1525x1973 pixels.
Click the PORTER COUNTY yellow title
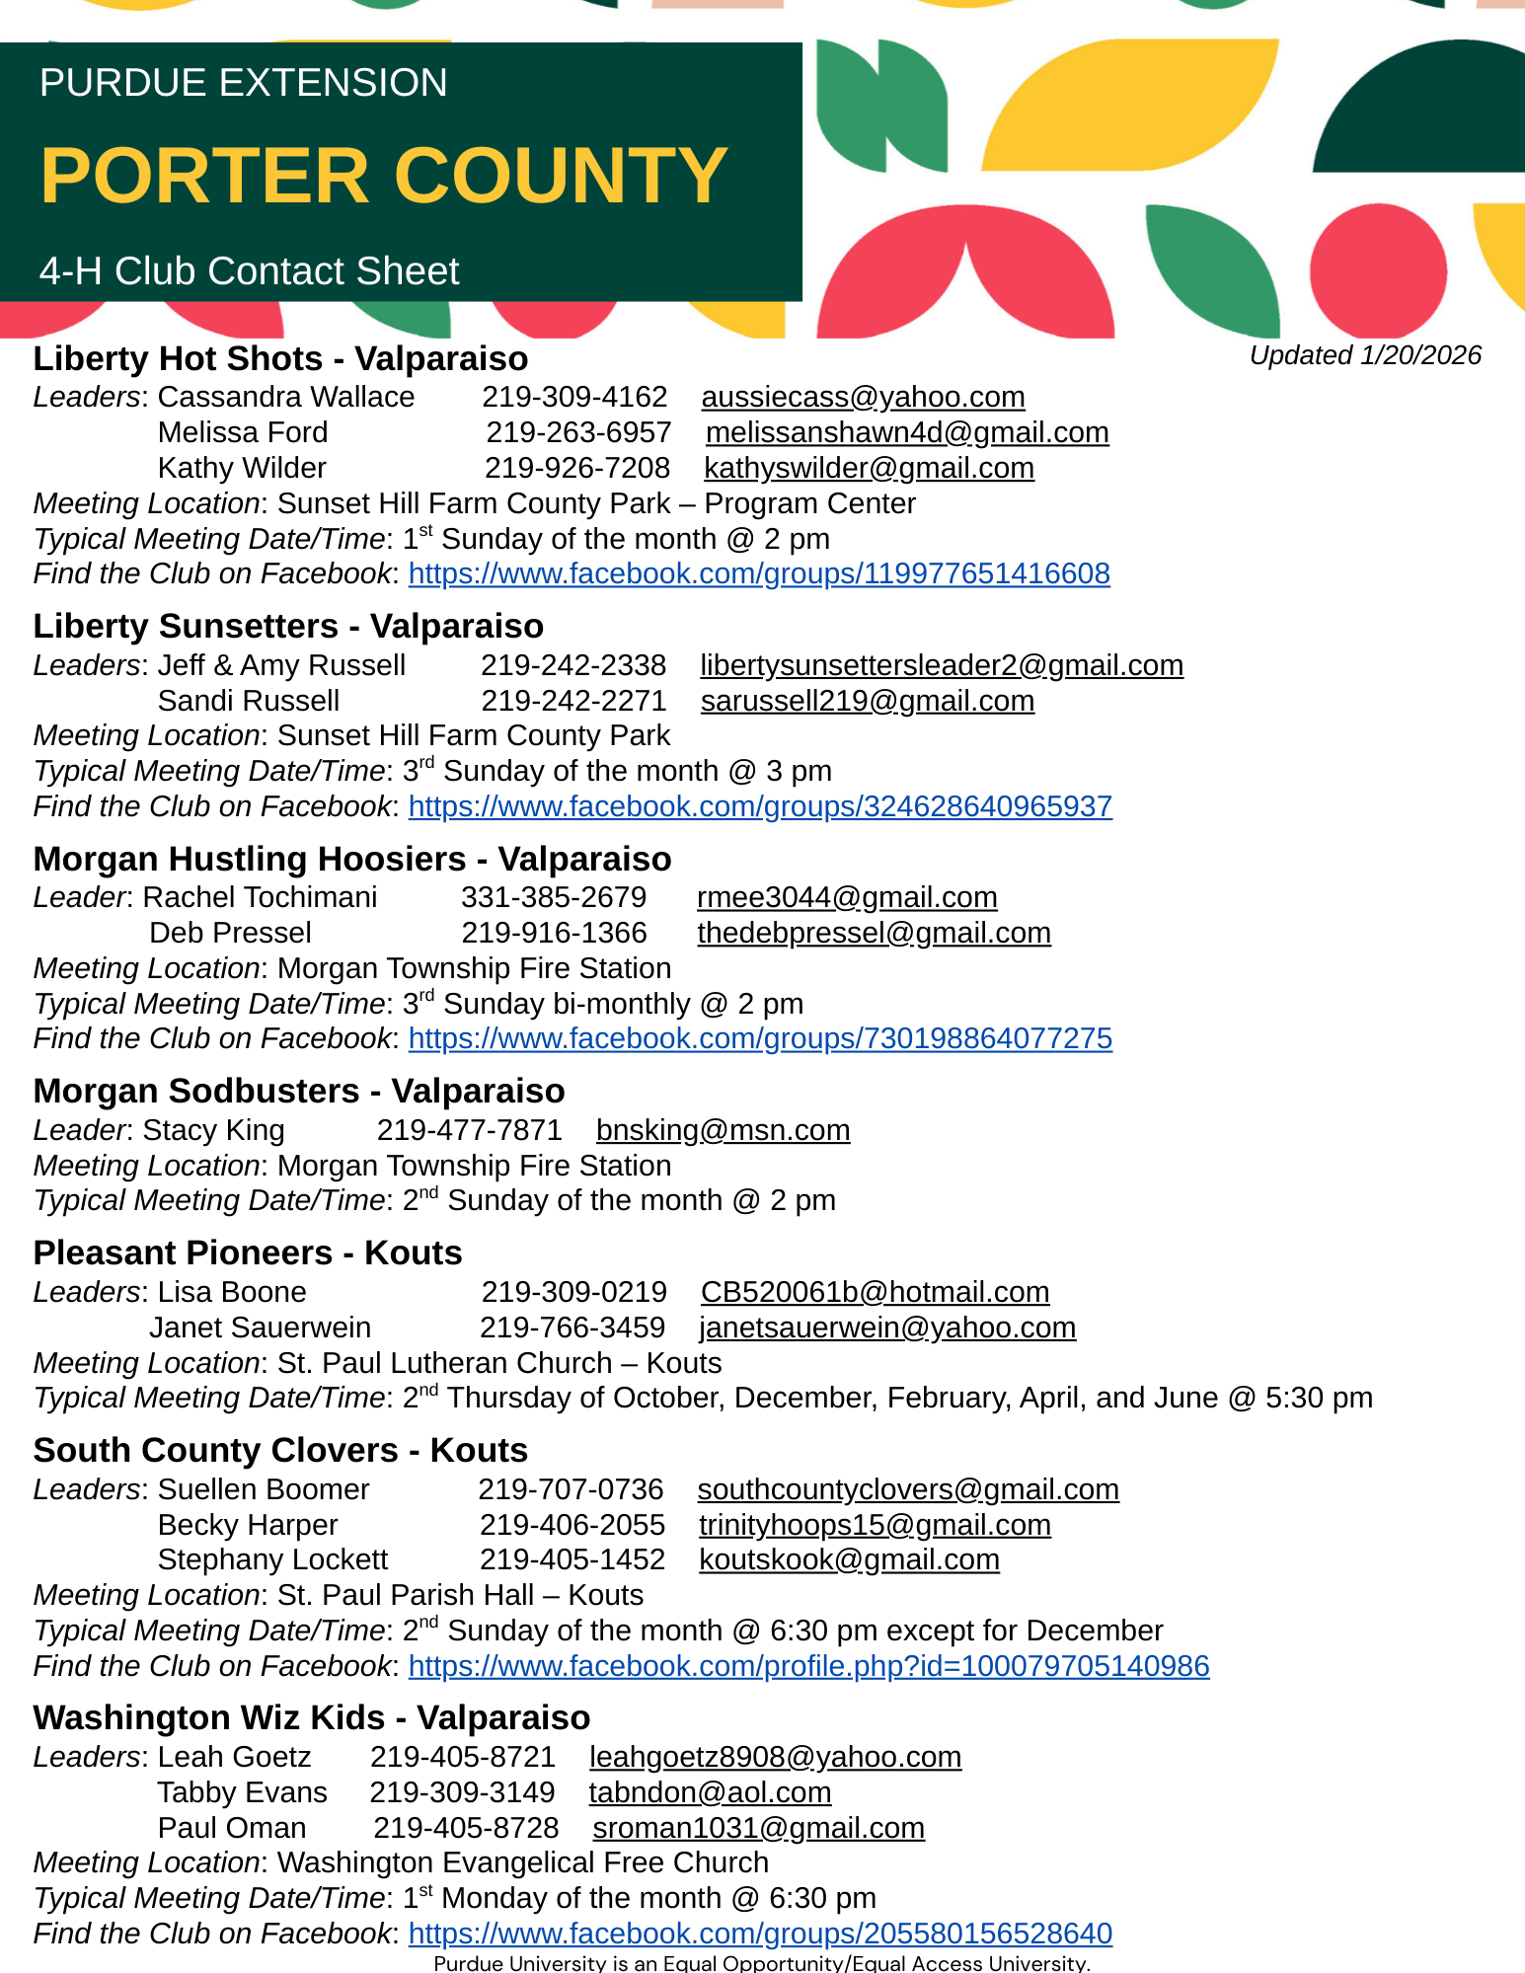click(x=384, y=176)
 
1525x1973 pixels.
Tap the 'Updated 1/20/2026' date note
click(x=1365, y=355)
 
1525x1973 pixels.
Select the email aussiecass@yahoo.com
click(x=863, y=397)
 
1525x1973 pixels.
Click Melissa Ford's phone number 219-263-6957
click(x=578, y=432)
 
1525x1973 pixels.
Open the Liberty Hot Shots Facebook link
click(x=759, y=573)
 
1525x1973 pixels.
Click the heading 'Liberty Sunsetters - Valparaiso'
click(x=288, y=626)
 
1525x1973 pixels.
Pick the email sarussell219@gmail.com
click(x=867, y=701)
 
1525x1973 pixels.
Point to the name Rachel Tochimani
click(x=261, y=897)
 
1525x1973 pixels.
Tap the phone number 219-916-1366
click(x=554, y=933)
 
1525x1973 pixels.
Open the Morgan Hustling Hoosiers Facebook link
click(x=760, y=1038)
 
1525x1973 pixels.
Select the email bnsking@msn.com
click(x=723, y=1130)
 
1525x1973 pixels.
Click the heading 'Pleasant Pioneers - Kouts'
click(x=248, y=1252)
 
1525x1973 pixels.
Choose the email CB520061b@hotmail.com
click(x=875, y=1292)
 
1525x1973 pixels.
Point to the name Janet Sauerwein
click(x=261, y=1328)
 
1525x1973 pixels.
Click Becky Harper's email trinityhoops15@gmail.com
click(x=875, y=1525)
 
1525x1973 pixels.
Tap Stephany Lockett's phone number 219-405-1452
click(x=572, y=1559)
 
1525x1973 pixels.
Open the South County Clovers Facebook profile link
click(x=808, y=1666)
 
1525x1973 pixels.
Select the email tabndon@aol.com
click(x=710, y=1792)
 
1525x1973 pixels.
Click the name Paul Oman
click(x=232, y=1828)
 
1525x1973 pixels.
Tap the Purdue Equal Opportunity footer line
click(x=762, y=1963)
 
